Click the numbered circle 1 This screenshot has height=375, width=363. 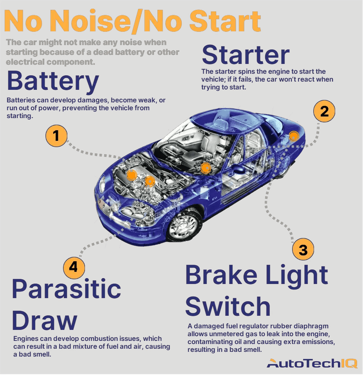tap(57, 136)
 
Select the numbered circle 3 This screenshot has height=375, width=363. tap(303, 249)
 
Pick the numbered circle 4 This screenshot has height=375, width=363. tap(74, 268)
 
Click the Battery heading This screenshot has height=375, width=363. tap(52, 81)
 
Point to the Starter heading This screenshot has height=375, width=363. tap(246, 55)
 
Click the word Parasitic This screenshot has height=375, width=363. tap(66, 289)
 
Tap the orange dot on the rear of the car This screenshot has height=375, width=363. tap(293, 136)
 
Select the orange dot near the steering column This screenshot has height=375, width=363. tap(205, 168)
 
